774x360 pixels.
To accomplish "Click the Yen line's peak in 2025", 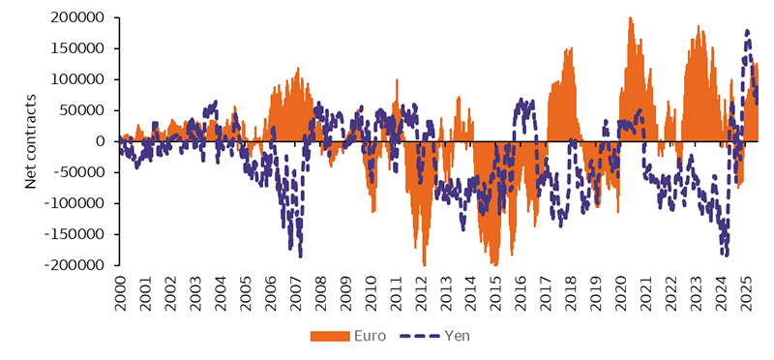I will tap(747, 31).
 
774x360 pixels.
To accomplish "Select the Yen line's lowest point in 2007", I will tap(300, 255).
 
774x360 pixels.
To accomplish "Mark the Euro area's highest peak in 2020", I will tap(631, 17).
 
